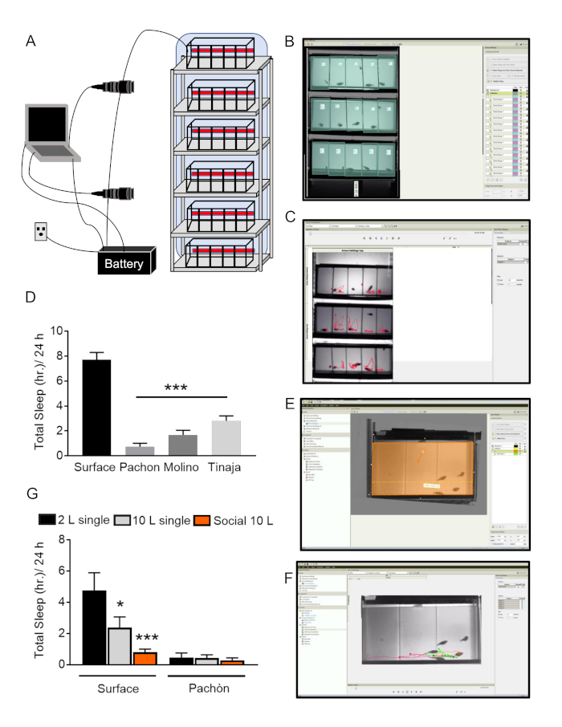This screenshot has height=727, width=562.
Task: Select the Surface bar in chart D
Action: point(96,407)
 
